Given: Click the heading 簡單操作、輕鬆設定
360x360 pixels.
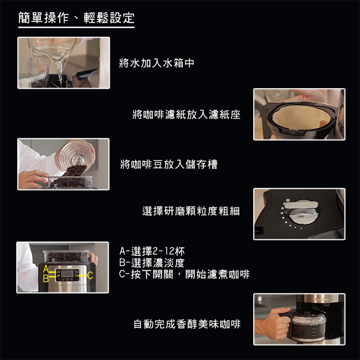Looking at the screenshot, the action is (x=76, y=18).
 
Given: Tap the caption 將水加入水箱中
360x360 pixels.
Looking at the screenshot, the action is (x=157, y=63).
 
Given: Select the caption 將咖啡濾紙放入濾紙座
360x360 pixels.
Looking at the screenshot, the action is (x=187, y=114).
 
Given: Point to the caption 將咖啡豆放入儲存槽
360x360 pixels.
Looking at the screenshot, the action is (x=169, y=164).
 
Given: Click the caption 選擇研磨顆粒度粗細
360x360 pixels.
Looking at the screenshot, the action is (x=191, y=211).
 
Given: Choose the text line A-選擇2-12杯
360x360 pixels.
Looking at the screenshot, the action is (x=152, y=251).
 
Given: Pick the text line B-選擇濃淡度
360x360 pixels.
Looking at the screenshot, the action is (x=152, y=263).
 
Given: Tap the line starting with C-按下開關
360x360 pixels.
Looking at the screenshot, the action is (x=184, y=274).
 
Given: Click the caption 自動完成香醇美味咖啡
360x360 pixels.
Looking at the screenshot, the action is (x=187, y=324).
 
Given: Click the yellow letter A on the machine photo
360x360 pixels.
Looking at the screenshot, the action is (x=46, y=269).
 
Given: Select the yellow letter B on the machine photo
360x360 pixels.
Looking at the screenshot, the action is (x=46, y=278).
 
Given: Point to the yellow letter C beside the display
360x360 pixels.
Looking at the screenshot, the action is (x=90, y=275).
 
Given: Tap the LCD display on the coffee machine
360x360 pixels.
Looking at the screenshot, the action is (x=67, y=273).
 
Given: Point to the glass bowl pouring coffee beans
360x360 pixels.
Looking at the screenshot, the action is (x=77, y=156).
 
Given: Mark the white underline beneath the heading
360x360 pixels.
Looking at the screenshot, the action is (x=76, y=27).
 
